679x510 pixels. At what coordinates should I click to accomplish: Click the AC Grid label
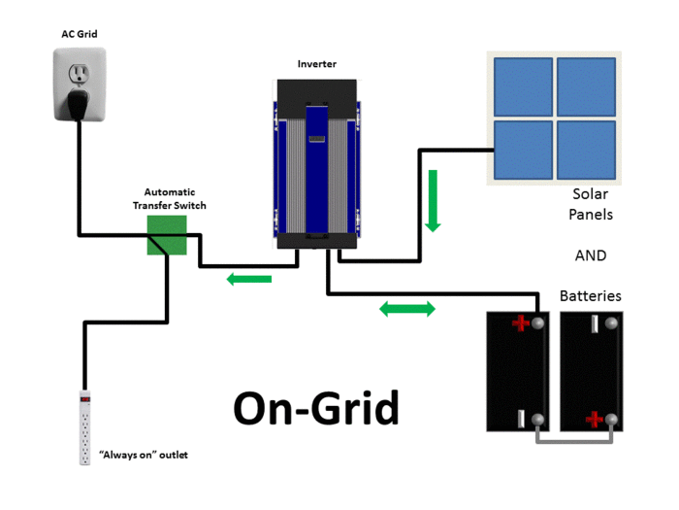[79, 34]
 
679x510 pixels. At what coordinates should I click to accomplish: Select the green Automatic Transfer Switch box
[166, 235]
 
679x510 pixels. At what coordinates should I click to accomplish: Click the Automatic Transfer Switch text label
[169, 198]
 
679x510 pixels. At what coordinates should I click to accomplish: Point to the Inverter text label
[317, 64]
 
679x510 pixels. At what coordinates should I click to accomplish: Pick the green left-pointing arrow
[248, 280]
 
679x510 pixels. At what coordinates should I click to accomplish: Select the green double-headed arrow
[406, 309]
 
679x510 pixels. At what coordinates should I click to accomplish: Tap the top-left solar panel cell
[521, 86]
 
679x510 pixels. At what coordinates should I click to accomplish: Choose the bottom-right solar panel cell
[585, 150]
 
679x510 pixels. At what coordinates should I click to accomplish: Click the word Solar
[591, 194]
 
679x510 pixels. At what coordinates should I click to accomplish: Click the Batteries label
[590, 295]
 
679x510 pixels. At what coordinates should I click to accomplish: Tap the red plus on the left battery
[521, 323]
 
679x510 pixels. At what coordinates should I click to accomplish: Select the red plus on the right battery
[594, 420]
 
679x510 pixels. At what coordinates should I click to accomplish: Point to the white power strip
[85, 426]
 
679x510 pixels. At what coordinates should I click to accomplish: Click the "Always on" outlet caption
[144, 454]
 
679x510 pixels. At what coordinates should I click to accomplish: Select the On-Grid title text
[316, 408]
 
